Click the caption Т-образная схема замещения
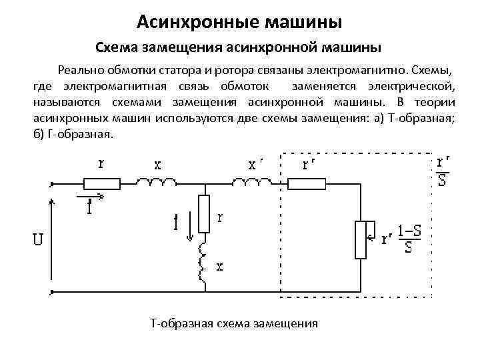point(235,323)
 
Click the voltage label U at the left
point(38,239)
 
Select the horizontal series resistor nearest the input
point(101,183)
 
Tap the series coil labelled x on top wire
point(157,182)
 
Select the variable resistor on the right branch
point(360,239)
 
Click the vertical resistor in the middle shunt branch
point(204,213)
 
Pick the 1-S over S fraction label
point(408,239)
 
